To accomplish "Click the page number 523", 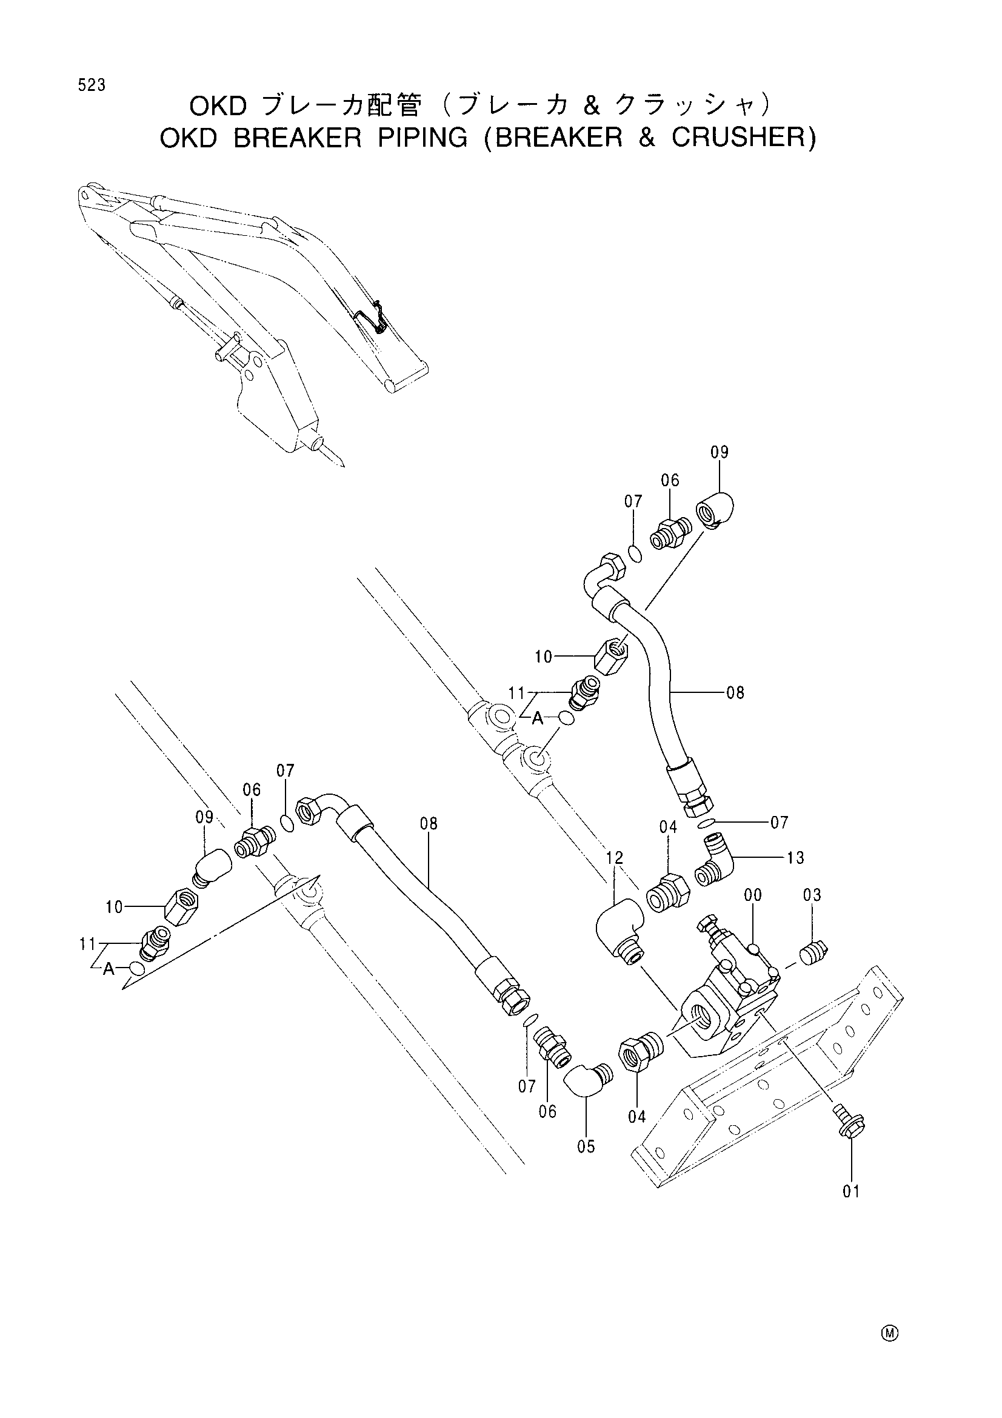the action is tap(92, 86).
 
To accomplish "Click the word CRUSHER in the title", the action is tap(743, 137).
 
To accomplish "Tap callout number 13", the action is tap(796, 857).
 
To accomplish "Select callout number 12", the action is tap(614, 857).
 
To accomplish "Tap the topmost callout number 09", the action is tap(720, 452).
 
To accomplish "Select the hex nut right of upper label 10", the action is tap(610, 656).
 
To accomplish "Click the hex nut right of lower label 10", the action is tap(181, 906).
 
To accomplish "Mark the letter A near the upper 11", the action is tap(538, 718).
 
